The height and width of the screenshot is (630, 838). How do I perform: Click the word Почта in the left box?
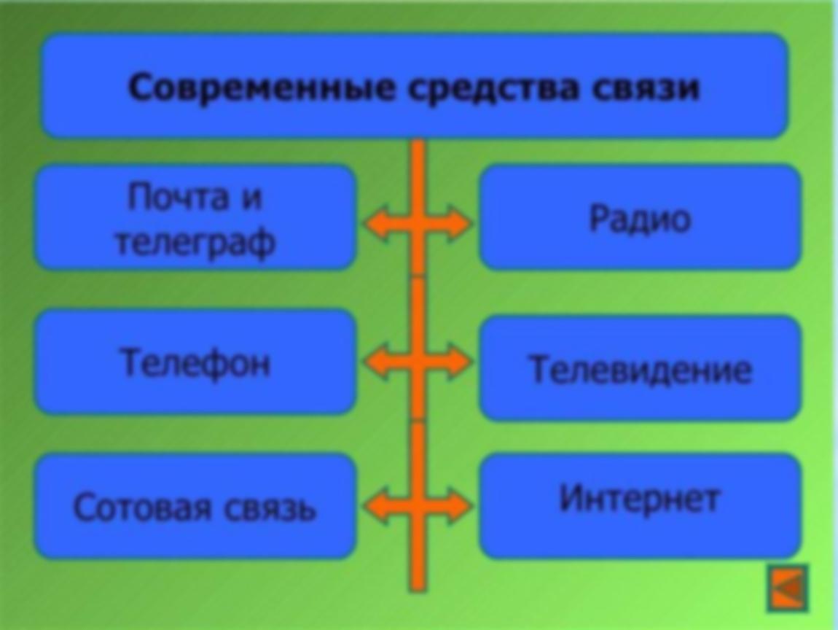[177, 198]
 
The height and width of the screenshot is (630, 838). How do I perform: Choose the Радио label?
[640, 219]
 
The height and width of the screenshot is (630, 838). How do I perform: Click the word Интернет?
[639, 499]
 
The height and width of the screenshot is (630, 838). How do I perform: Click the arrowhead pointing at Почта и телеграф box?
[375, 223]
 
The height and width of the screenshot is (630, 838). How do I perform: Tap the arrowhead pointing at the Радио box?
[460, 223]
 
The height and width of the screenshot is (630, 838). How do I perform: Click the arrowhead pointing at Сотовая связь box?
[375, 505]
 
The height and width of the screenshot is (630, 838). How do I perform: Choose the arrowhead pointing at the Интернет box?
[460, 505]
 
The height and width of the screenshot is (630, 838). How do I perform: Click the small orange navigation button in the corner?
[788, 588]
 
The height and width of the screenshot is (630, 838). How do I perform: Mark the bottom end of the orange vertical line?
[418, 591]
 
